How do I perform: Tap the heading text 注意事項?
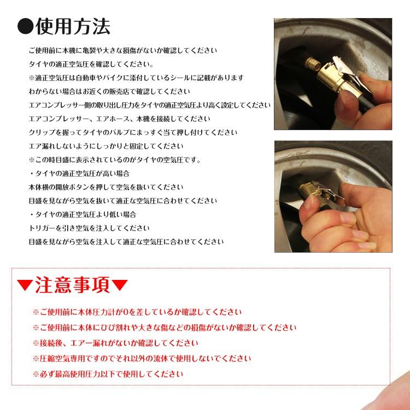73,285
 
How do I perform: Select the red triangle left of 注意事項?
25,286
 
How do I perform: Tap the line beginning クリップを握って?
133,132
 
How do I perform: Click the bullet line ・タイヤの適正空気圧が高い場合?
79,173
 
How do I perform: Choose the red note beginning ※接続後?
115,343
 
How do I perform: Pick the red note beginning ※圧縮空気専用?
142,359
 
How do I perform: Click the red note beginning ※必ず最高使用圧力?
108,374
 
